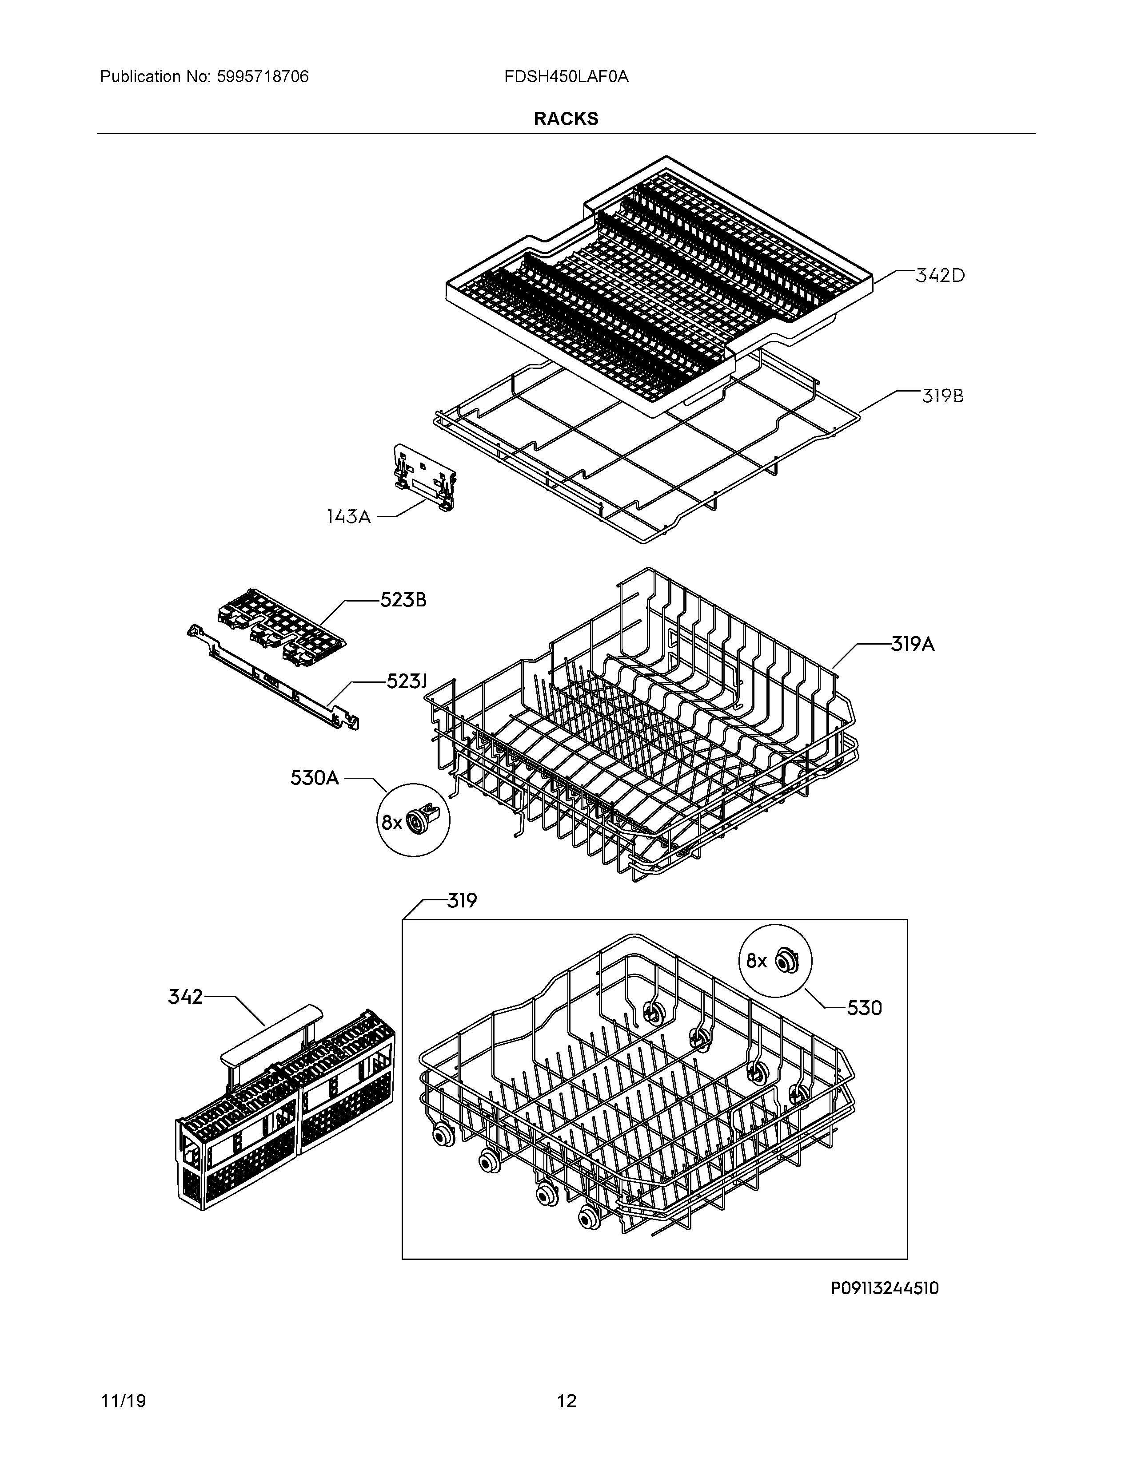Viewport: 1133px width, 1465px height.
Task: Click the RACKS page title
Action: [x=566, y=119]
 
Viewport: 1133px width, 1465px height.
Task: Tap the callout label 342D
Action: [x=940, y=276]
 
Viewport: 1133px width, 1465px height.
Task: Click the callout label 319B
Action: [x=942, y=396]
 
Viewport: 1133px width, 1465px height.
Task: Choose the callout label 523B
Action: [x=403, y=600]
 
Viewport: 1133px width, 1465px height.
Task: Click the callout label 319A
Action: [x=913, y=645]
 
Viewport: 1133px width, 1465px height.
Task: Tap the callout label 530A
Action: [x=315, y=778]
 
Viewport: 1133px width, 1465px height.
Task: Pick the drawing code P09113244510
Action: [x=885, y=1289]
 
